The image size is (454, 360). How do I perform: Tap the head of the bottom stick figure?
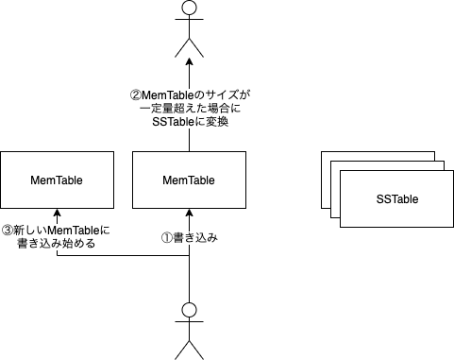(189, 310)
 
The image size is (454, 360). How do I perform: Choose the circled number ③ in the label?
(9, 230)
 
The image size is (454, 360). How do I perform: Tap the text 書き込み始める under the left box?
(57, 244)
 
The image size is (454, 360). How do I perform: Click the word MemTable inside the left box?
(57, 180)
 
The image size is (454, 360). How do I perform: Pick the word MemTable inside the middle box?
(189, 180)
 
